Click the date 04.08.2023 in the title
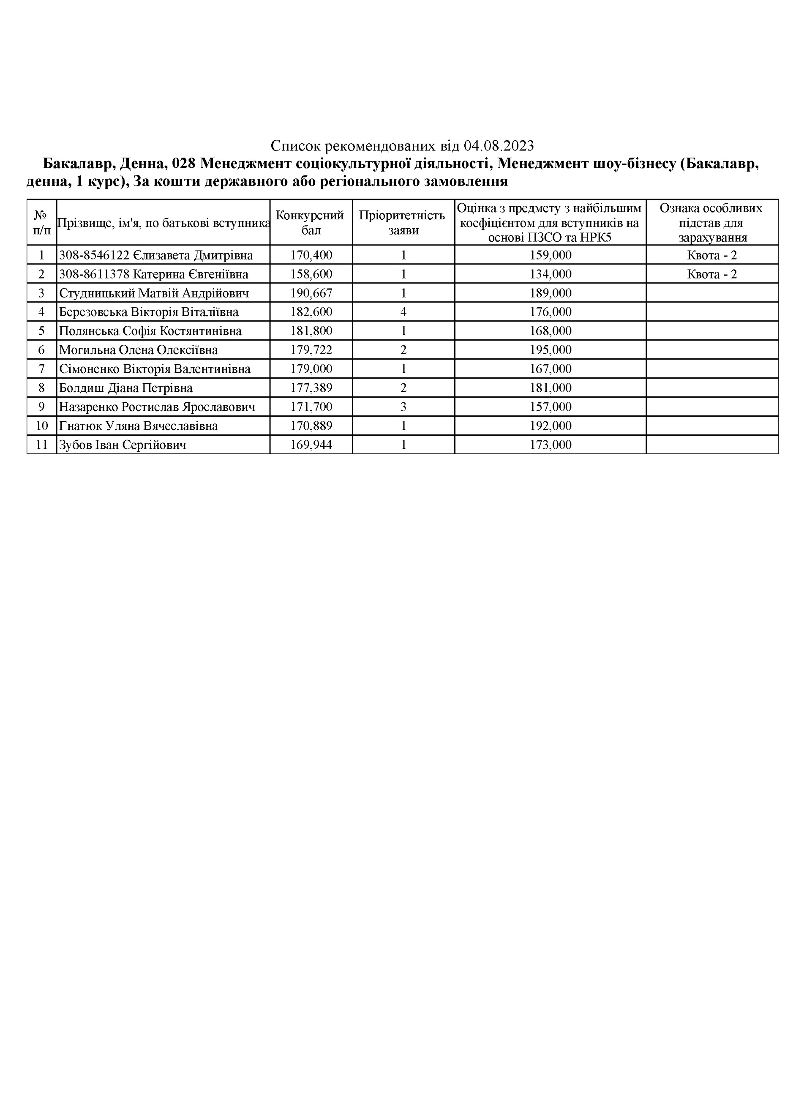click(x=498, y=146)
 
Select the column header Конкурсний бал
click(x=311, y=223)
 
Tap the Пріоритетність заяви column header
click(x=403, y=223)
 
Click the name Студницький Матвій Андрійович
click(x=154, y=293)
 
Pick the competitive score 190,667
click(x=311, y=293)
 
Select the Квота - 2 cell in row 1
click(x=711, y=255)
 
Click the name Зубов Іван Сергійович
click(x=123, y=445)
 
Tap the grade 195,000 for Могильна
click(x=550, y=350)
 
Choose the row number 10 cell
click(x=41, y=426)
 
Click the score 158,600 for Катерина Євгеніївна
click(x=311, y=274)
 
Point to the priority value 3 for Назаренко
click(x=403, y=407)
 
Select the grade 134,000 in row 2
click(x=550, y=274)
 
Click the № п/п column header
click(x=41, y=223)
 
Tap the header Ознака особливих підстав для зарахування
click(x=711, y=223)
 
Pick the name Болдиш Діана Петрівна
click(x=126, y=388)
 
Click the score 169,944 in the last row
click(x=311, y=445)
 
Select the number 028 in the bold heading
click(x=184, y=164)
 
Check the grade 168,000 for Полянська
click(x=550, y=331)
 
